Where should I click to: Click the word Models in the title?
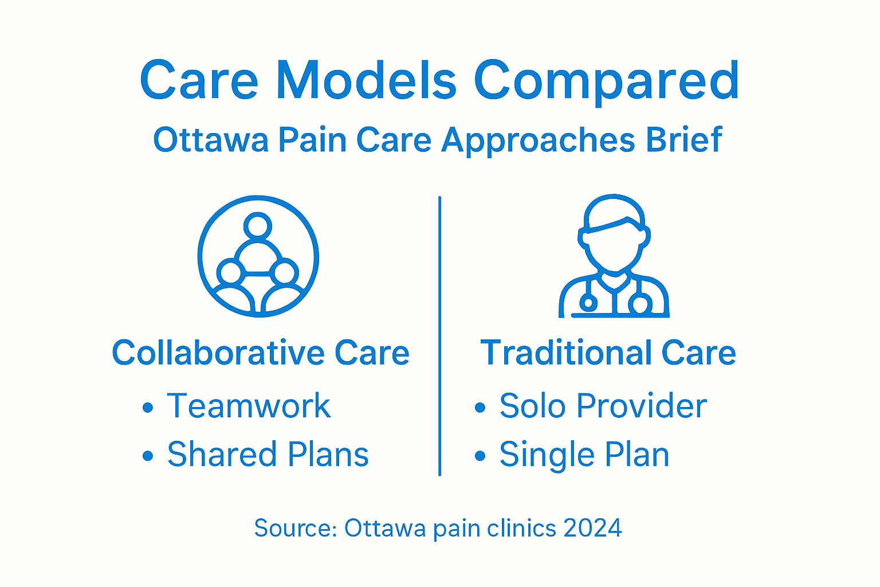coord(366,80)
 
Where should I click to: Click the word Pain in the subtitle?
coord(312,140)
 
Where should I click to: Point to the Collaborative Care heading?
coord(261,353)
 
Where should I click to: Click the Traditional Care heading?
coord(608,353)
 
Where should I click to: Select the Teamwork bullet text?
coord(249,406)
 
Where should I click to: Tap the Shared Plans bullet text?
coord(268,455)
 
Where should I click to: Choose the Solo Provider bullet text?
coord(603,406)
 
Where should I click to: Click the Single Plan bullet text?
coord(584,455)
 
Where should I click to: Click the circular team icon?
coord(258,256)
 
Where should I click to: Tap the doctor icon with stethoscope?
coord(614,256)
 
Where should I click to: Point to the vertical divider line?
coord(439,335)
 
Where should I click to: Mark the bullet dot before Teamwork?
coord(148,408)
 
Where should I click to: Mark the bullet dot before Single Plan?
coord(480,456)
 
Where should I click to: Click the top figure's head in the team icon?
coord(258,225)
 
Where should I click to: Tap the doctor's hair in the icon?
coord(614,213)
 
